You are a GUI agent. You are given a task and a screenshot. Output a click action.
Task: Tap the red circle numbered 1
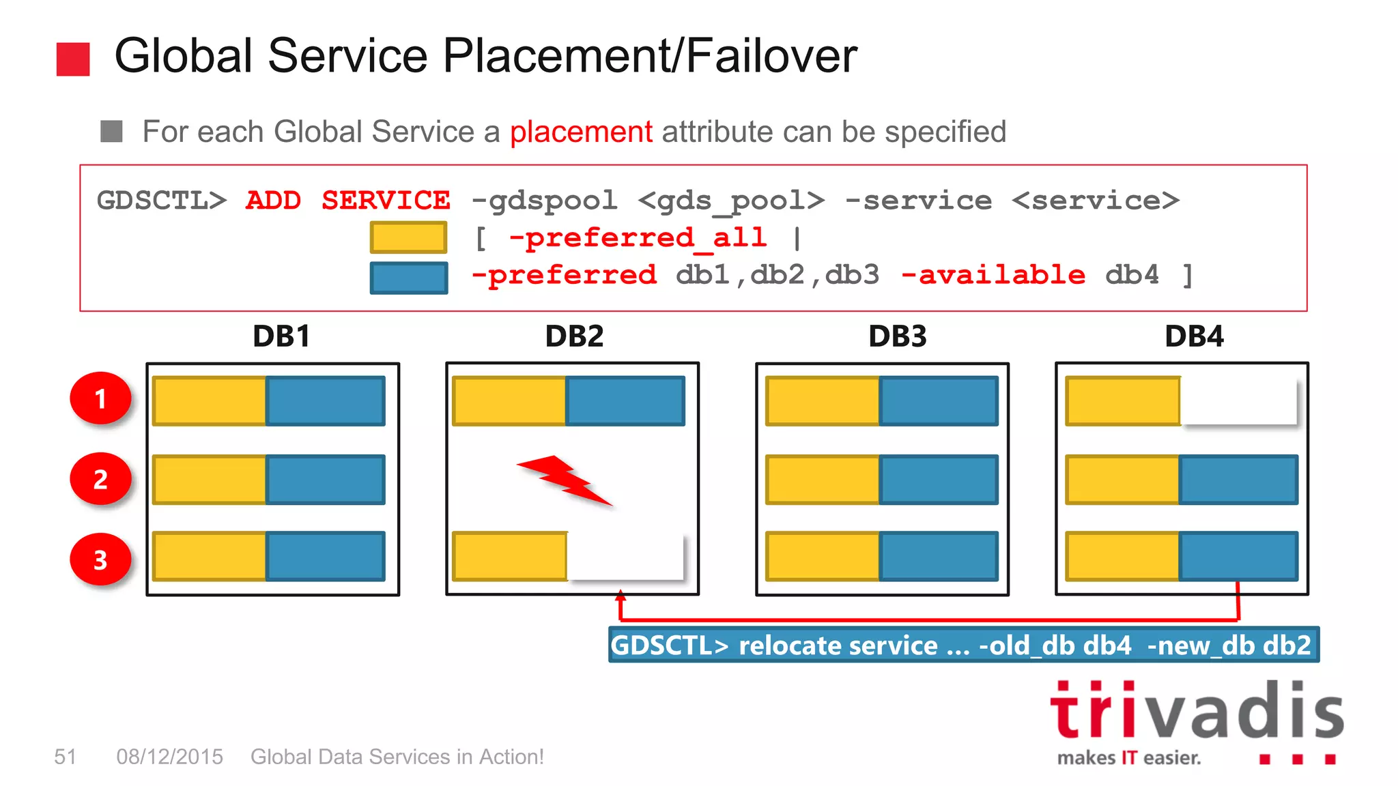pos(101,398)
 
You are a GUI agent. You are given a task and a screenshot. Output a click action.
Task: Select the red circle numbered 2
pos(101,479)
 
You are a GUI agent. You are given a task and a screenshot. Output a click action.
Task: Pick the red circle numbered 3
pos(101,559)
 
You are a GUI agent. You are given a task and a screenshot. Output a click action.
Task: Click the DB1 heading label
pos(281,336)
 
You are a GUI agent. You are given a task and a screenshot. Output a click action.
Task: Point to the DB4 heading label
pos(1194,336)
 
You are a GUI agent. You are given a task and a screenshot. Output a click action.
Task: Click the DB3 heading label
pos(897,336)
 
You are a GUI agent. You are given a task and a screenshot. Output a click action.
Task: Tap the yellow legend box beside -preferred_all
pos(408,237)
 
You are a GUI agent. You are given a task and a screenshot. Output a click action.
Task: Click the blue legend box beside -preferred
pos(408,278)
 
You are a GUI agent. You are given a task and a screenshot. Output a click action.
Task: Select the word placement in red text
pos(581,132)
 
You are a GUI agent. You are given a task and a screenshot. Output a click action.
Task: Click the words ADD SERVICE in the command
pos(347,201)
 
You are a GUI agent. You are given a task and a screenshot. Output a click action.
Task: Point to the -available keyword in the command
pos(993,275)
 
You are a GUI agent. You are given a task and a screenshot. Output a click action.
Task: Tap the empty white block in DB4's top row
pos(1238,401)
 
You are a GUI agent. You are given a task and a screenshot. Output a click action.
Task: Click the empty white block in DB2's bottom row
pos(625,556)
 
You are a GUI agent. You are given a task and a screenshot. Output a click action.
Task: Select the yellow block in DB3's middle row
pos(823,479)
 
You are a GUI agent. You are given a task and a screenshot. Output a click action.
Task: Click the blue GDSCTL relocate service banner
pos(963,645)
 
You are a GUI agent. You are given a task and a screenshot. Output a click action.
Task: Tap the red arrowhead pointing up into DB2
pos(620,595)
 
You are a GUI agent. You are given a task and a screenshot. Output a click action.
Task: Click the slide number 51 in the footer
pos(65,757)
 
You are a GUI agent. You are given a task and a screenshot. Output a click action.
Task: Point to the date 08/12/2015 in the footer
pos(169,757)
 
